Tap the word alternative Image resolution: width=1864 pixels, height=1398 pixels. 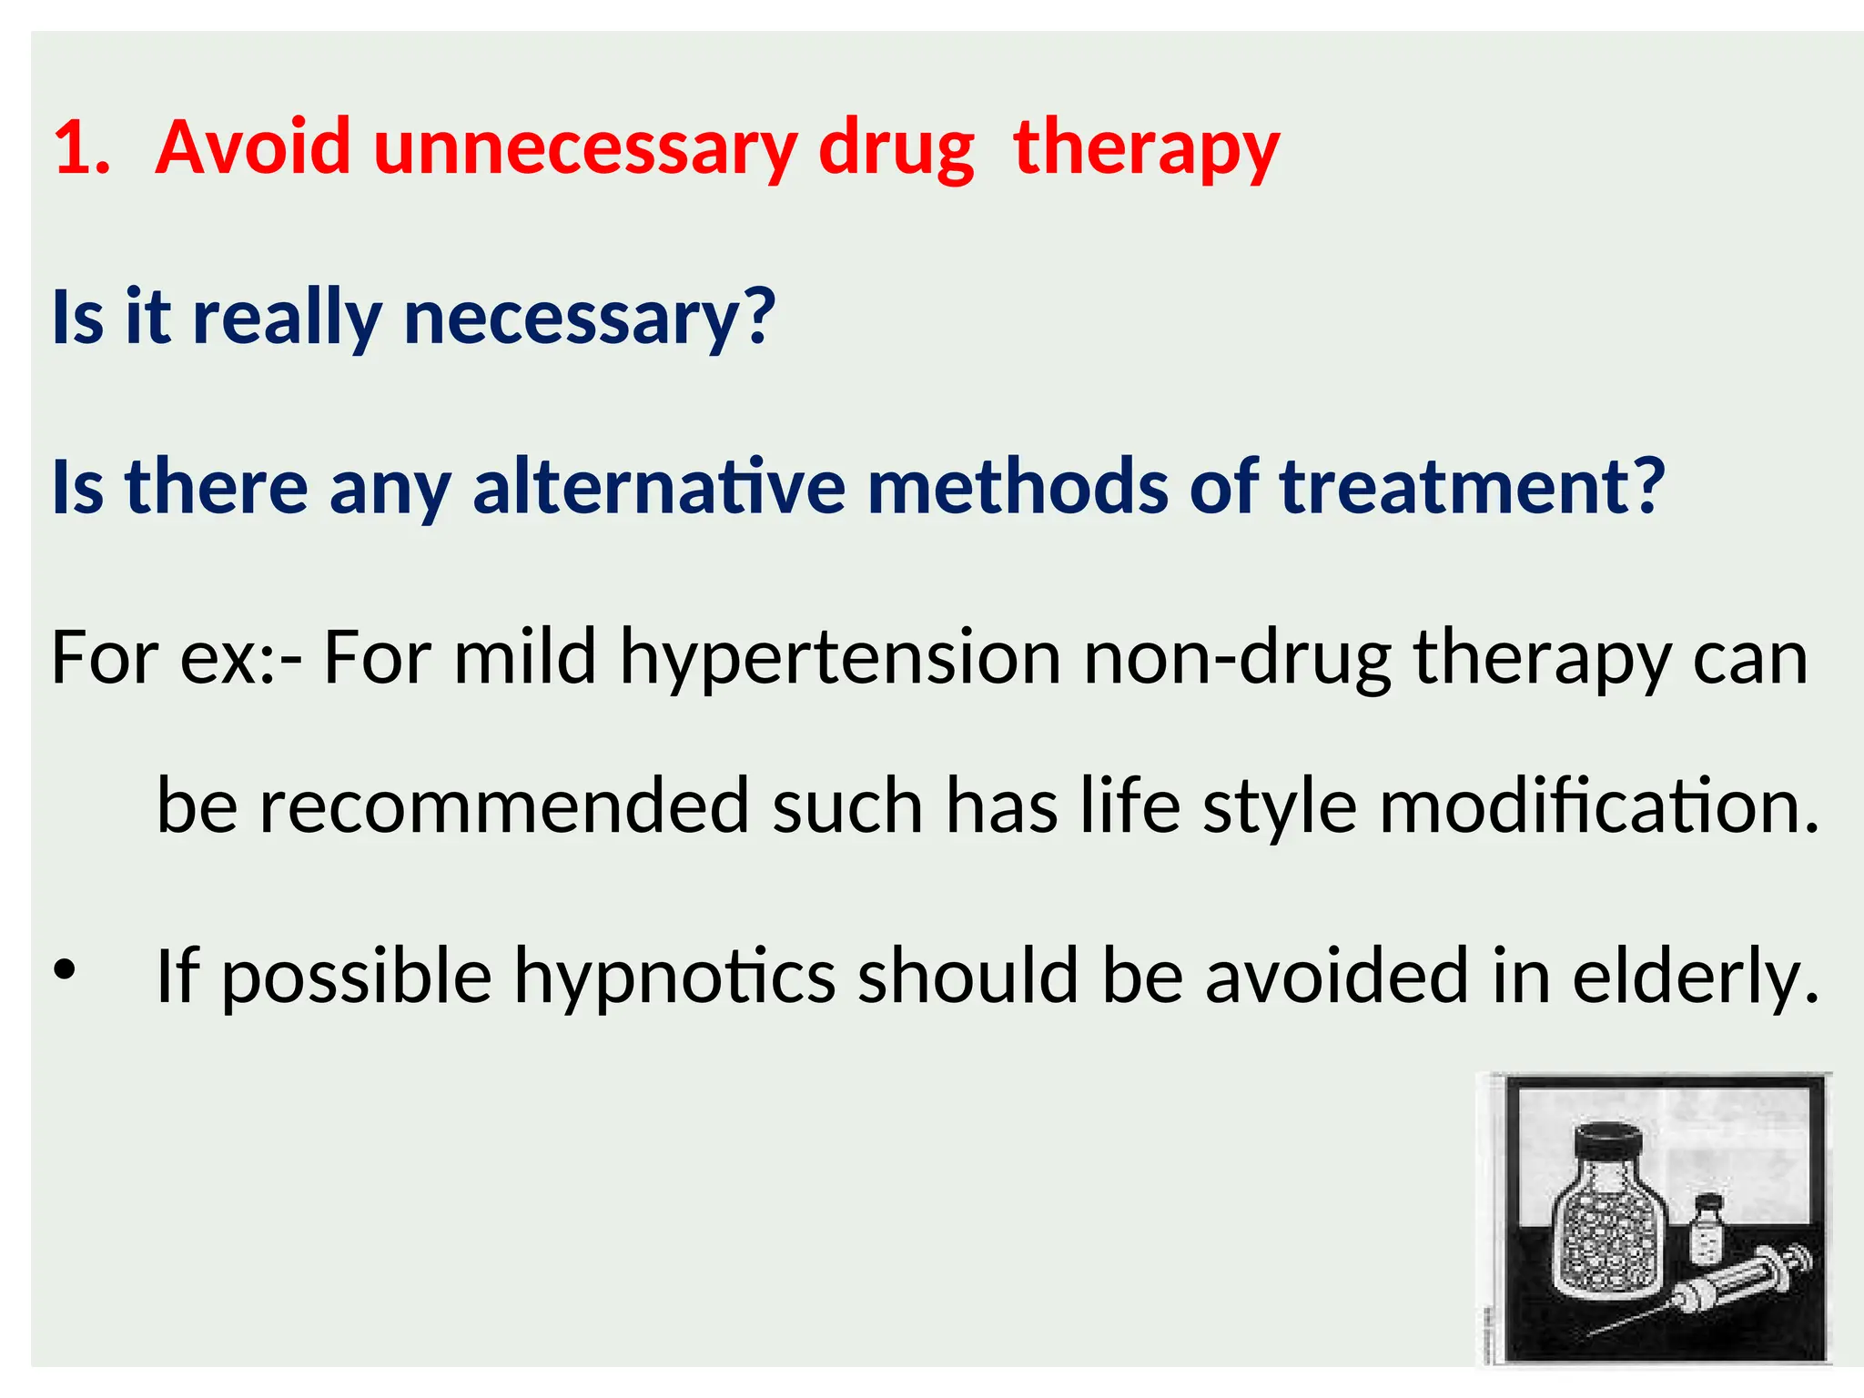pyautogui.click(x=659, y=487)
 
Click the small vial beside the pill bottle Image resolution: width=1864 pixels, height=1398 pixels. pyautogui.click(x=1707, y=1231)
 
